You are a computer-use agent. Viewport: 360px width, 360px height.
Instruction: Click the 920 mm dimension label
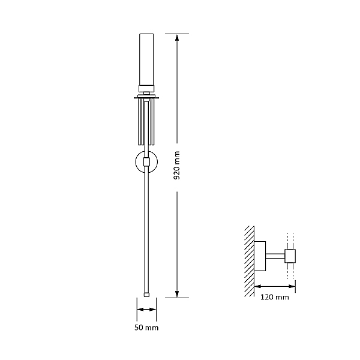(x=177, y=166)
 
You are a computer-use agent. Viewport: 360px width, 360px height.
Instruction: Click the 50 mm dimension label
(x=146, y=328)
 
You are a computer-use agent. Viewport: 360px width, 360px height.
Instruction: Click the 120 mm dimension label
(x=275, y=297)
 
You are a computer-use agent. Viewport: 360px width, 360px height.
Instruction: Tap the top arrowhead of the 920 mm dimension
(x=177, y=37)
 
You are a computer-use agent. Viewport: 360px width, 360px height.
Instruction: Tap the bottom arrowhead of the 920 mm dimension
(x=177, y=294)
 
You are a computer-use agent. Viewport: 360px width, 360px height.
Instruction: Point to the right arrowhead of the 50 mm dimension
(x=153, y=310)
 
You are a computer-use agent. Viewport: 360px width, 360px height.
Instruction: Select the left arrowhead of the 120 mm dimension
(x=258, y=286)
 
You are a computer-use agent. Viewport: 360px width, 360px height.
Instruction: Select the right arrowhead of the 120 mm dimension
(x=292, y=286)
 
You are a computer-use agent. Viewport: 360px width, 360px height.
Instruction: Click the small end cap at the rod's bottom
(x=146, y=295)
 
